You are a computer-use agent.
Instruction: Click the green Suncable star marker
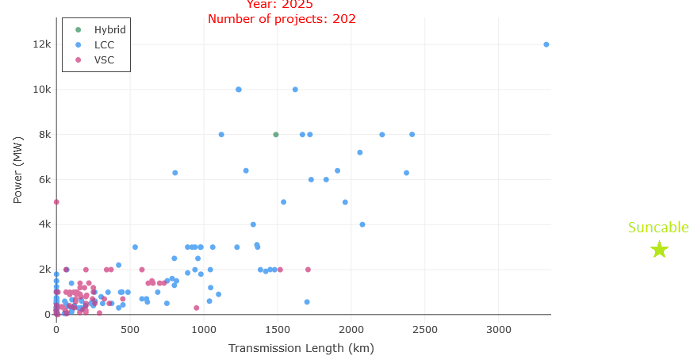(659, 250)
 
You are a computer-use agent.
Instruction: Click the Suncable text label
(658, 228)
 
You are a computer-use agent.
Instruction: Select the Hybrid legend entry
(109, 29)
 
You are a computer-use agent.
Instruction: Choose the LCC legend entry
(104, 44)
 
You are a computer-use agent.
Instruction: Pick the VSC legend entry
(104, 59)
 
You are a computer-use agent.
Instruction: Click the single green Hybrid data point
(276, 135)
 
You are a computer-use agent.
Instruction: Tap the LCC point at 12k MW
(546, 44)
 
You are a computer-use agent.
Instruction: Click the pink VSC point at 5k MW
(56, 202)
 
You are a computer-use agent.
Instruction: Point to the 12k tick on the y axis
(42, 44)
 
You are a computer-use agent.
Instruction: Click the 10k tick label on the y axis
(42, 90)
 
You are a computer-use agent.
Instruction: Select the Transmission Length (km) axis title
(301, 348)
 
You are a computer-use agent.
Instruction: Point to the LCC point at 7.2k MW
(360, 152)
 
